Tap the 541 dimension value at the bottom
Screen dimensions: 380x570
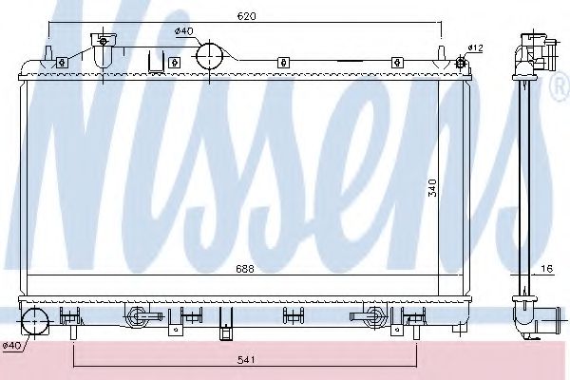point(245,358)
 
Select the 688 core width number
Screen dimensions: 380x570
point(245,269)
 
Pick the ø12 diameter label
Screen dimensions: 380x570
point(476,47)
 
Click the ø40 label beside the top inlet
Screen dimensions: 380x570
point(183,31)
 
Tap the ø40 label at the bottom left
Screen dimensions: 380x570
point(11,344)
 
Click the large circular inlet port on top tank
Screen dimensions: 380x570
point(212,55)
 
